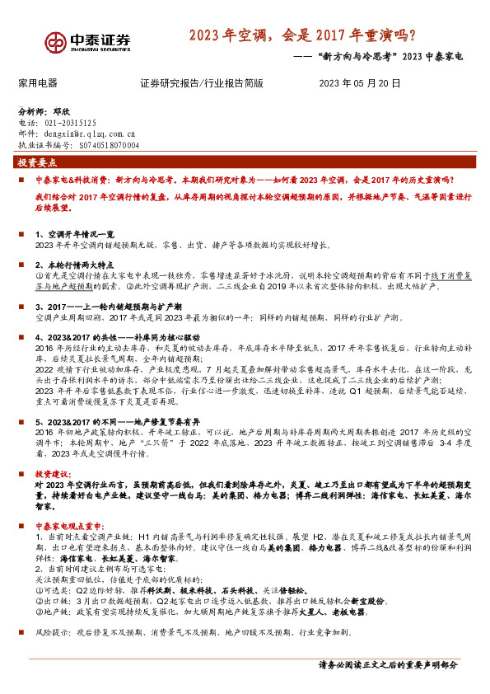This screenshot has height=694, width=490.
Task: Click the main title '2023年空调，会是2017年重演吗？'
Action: [x=301, y=35]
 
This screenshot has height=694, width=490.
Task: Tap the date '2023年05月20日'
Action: [x=360, y=83]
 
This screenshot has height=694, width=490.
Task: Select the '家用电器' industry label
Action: [x=38, y=83]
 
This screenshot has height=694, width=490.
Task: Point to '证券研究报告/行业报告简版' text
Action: [x=201, y=83]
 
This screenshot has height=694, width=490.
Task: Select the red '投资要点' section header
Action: [x=37, y=163]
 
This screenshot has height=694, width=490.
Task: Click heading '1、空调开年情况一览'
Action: [x=73, y=234]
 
